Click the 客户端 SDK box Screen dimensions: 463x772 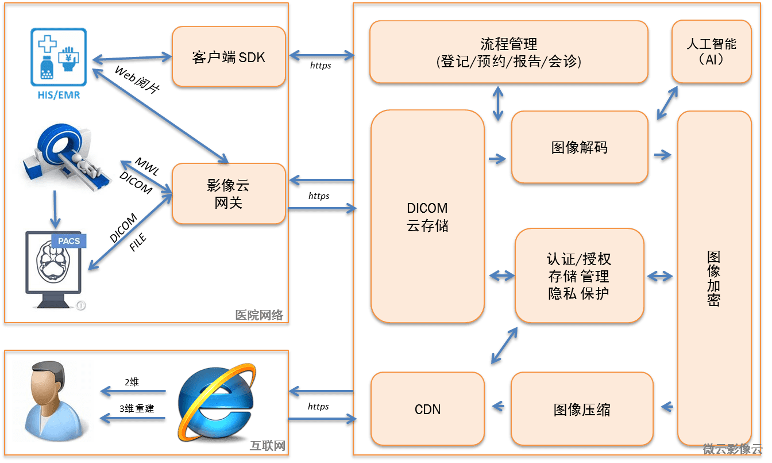(229, 57)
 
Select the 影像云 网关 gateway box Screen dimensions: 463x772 (229, 193)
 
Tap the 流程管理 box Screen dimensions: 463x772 (508, 52)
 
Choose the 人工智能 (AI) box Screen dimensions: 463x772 (711, 51)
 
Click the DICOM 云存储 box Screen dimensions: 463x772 (427, 216)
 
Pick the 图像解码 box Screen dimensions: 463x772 (579, 147)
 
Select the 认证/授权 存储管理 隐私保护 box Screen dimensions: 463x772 (578, 275)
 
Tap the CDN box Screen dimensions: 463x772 (427, 410)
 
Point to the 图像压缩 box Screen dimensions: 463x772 (581, 410)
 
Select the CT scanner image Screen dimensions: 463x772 (65, 160)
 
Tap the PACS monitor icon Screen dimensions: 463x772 (55, 270)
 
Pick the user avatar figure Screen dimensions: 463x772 (53, 401)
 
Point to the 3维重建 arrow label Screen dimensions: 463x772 (137, 408)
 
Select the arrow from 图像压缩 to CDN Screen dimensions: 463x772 (497, 407)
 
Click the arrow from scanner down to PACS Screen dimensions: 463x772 (55, 215)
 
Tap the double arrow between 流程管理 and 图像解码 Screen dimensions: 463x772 (497, 104)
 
